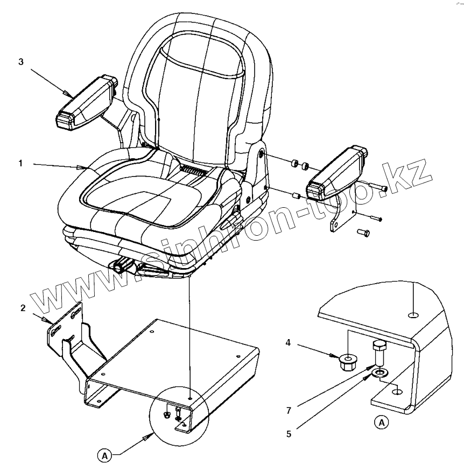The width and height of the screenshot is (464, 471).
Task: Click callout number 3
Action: tap(21, 62)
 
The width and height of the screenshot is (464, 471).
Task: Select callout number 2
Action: tap(23, 308)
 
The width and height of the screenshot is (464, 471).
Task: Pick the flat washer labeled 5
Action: tap(382, 372)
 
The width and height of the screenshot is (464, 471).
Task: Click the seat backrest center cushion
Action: tap(194, 102)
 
